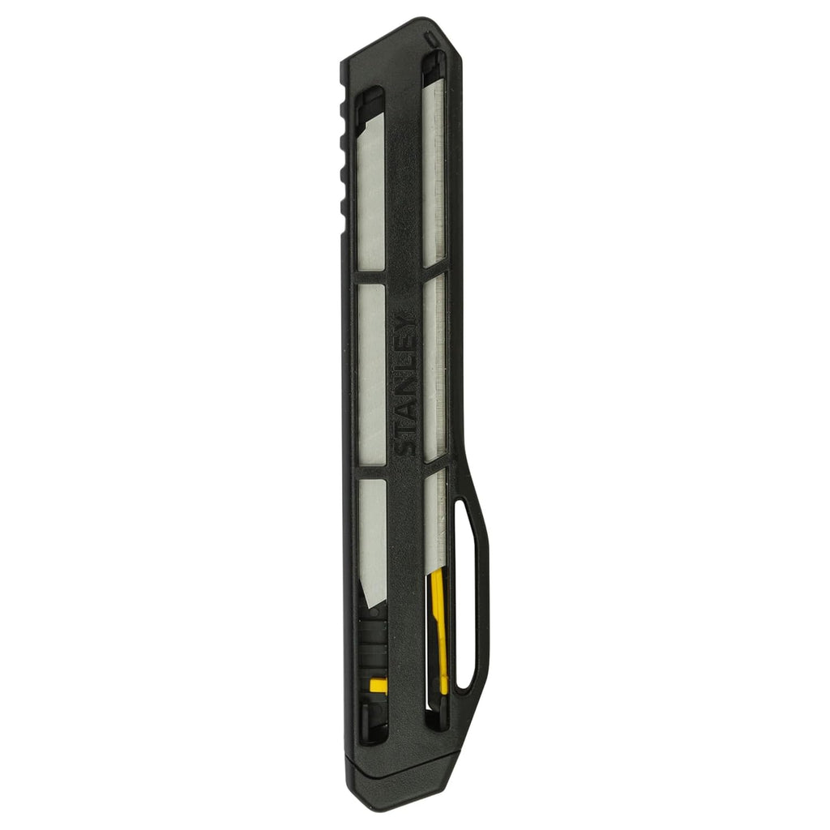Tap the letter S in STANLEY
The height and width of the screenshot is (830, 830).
[x=406, y=445]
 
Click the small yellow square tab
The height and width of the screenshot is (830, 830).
[x=378, y=686]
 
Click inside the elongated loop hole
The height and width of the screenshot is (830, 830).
[x=465, y=596]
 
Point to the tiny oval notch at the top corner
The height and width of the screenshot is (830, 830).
[x=430, y=37]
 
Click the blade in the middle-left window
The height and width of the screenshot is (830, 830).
[x=372, y=373]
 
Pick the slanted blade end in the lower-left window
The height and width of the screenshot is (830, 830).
[x=372, y=584]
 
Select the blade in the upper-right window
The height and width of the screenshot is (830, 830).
[x=434, y=170]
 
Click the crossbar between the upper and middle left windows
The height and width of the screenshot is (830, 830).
[x=372, y=276]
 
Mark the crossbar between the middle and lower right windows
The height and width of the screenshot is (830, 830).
[x=434, y=465]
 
